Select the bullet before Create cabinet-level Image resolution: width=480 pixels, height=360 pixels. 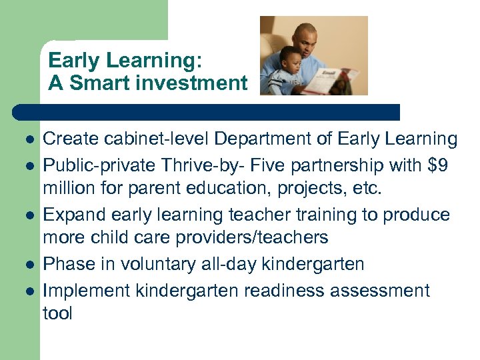(x=29, y=141)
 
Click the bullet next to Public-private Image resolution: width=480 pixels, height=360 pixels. (x=29, y=165)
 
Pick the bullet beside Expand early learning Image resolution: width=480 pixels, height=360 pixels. (x=29, y=216)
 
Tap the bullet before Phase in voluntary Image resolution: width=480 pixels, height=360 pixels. (x=29, y=265)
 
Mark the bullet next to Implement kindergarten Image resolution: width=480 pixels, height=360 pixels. (x=29, y=291)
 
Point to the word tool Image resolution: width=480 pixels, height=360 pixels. (x=57, y=313)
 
